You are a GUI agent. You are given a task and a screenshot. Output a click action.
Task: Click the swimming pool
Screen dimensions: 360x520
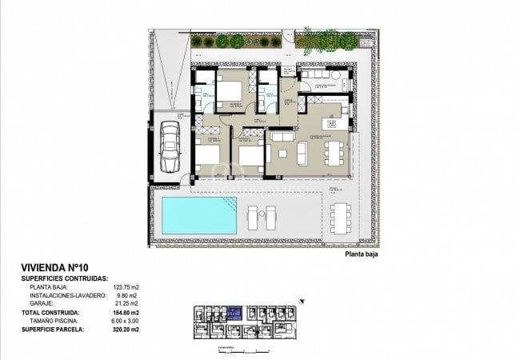(x=199, y=216)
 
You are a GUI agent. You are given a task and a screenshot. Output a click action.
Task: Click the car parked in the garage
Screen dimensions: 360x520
(x=170, y=146)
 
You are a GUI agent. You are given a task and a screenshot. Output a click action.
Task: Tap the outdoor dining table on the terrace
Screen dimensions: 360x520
(x=340, y=215)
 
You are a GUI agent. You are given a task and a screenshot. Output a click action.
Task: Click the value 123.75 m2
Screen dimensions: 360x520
(x=124, y=286)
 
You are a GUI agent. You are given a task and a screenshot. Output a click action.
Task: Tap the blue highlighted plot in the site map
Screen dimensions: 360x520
(x=235, y=314)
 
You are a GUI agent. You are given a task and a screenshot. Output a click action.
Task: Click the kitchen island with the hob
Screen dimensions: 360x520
(x=330, y=123)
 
